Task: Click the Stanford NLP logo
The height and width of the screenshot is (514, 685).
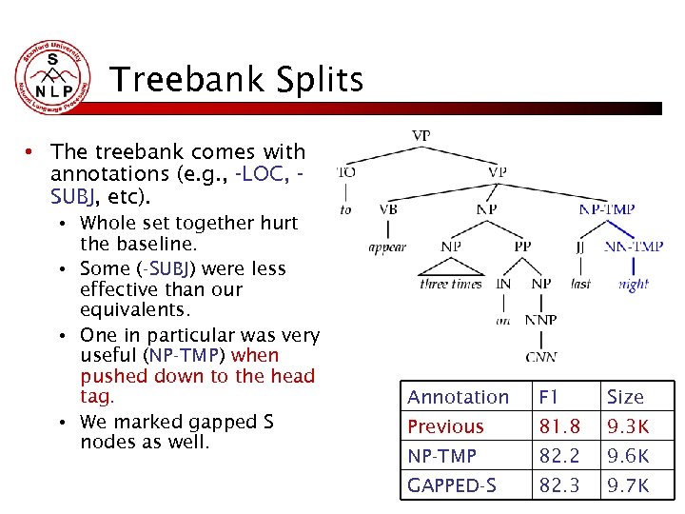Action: click(53, 78)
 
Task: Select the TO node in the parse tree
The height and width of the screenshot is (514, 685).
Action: click(346, 172)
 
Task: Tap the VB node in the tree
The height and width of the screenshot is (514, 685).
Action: click(388, 209)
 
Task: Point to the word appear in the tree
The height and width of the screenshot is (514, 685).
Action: click(387, 247)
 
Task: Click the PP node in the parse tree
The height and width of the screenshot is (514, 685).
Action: click(522, 247)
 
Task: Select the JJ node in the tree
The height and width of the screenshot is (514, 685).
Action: click(580, 247)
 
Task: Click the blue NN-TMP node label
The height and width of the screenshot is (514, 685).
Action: click(634, 247)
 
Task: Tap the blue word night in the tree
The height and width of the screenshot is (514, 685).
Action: click(633, 284)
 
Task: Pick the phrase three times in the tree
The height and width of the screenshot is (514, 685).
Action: click(451, 284)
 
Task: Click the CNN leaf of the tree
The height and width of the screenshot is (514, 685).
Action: click(540, 357)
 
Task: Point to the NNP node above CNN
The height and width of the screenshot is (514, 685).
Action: click(540, 320)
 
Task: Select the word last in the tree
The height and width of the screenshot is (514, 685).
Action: click(580, 284)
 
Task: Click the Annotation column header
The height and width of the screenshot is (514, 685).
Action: click(458, 397)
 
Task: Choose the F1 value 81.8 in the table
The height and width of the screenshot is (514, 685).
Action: click(558, 426)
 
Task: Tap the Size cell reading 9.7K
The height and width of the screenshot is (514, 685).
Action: click(628, 485)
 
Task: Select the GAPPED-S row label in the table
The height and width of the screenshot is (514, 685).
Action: click(452, 485)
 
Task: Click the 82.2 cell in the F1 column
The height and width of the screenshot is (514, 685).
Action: click(558, 456)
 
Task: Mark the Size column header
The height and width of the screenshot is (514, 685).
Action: click(625, 397)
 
